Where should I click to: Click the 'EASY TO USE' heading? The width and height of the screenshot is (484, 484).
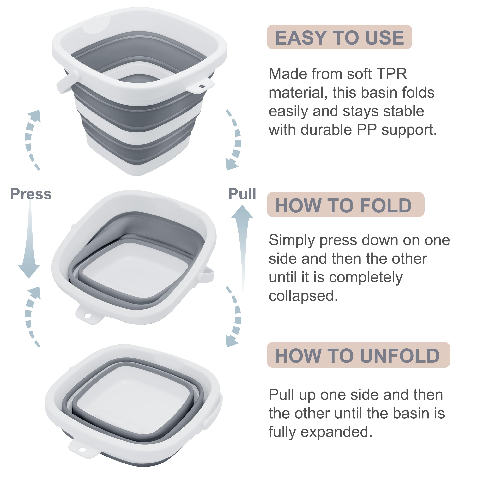(x=339, y=37)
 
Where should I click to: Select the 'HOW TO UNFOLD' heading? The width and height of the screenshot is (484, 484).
(x=357, y=356)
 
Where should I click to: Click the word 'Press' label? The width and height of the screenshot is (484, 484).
(x=31, y=194)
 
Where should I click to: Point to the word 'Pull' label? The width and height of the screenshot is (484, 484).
(x=242, y=194)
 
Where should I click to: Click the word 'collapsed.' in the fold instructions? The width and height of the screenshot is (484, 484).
(x=303, y=296)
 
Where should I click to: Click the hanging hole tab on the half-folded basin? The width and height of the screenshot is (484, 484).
(x=88, y=315)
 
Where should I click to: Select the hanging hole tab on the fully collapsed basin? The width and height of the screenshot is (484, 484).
(x=82, y=450)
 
